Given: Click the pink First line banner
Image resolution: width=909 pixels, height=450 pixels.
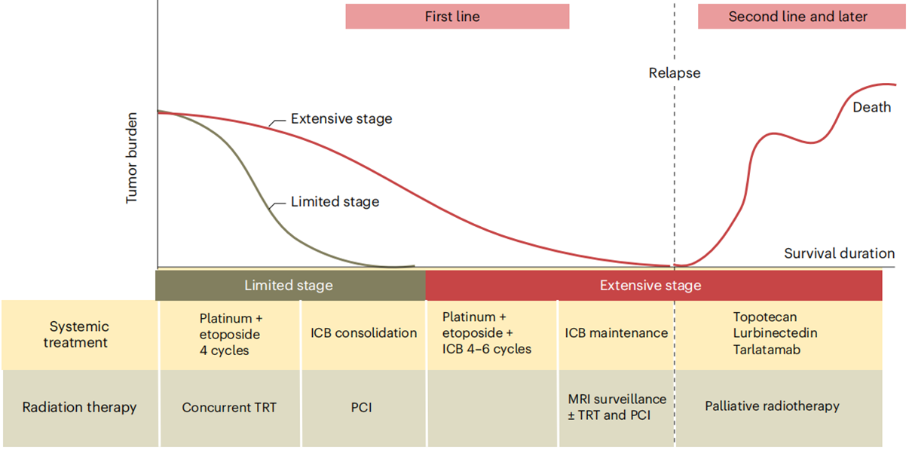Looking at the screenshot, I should click(x=457, y=17).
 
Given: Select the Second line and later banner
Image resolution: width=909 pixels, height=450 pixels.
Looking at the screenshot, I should click(x=800, y=17).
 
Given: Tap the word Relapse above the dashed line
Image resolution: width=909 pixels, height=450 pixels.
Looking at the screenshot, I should click(x=675, y=73).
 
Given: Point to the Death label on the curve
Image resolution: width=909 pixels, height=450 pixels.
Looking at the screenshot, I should click(x=871, y=107).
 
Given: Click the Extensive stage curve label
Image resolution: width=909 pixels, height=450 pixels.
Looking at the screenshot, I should click(x=341, y=118).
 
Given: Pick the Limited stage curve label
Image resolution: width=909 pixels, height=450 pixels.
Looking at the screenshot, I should click(x=335, y=201).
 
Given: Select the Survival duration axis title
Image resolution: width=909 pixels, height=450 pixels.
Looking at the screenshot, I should click(x=839, y=253).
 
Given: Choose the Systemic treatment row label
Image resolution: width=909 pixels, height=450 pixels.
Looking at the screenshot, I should click(x=79, y=335).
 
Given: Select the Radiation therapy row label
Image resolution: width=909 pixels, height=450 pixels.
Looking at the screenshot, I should click(x=79, y=407).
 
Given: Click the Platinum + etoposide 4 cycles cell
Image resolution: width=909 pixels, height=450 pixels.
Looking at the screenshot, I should click(x=230, y=334).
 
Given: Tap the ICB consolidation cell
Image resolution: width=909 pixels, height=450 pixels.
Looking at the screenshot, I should click(x=363, y=333).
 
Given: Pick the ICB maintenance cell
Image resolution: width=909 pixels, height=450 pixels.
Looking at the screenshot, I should click(x=616, y=333).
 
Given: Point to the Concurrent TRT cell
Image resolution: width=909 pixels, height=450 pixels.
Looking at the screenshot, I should click(x=229, y=408).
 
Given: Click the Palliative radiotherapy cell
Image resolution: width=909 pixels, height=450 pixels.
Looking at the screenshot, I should click(x=772, y=406).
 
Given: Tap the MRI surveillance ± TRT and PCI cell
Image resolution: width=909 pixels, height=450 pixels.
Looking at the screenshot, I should click(x=617, y=406).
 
